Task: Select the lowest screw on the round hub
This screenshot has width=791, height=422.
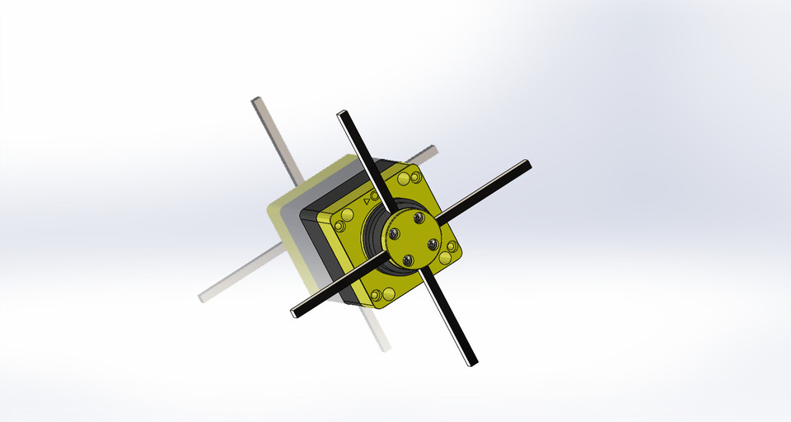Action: click(x=408, y=260)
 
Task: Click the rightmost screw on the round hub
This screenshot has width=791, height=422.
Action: click(x=429, y=245)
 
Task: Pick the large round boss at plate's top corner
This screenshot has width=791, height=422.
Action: click(x=404, y=179)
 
